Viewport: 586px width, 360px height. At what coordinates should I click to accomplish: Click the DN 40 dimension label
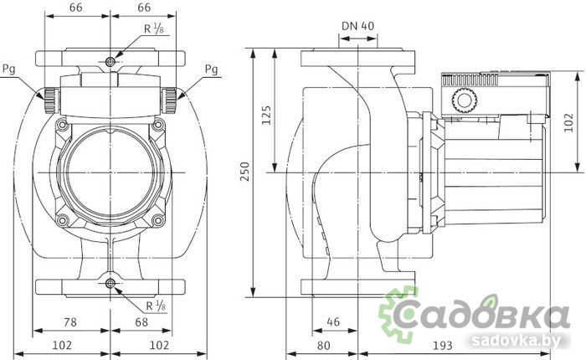[357, 25]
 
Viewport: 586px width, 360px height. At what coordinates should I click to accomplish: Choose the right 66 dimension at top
[144, 8]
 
